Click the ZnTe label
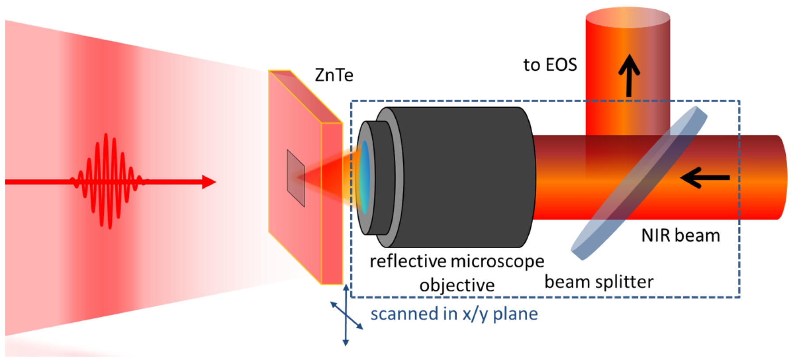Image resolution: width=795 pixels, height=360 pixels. point(334,75)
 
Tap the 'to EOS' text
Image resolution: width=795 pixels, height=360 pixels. point(550,65)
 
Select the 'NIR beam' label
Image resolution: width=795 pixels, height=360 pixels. point(680,235)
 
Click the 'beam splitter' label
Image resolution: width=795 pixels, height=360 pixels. point(598,282)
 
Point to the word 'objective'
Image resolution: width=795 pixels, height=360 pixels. point(457,285)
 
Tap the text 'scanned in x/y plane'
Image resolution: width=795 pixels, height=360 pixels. point(454,314)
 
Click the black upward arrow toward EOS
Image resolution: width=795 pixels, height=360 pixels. point(629,75)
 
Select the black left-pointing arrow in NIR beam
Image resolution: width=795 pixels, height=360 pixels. point(704,178)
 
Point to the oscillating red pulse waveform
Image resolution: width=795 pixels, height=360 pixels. point(106,181)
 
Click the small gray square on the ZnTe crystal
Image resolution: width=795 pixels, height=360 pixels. point(295,178)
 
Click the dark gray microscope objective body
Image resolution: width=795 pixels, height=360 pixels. point(459,177)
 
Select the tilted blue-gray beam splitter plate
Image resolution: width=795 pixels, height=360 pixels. point(638,183)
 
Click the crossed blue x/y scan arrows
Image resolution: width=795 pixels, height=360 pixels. point(347,315)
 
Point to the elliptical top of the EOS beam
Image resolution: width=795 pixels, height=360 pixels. point(628,18)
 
